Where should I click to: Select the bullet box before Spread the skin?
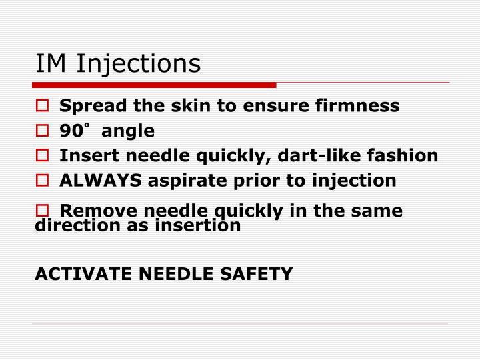coord(41,105)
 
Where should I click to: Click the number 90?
coord(70,131)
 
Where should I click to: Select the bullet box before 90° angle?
coord(41,131)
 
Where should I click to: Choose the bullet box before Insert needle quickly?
coord(41,156)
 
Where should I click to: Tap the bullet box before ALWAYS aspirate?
coord(41,181)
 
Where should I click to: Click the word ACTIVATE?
coord(78,274)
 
